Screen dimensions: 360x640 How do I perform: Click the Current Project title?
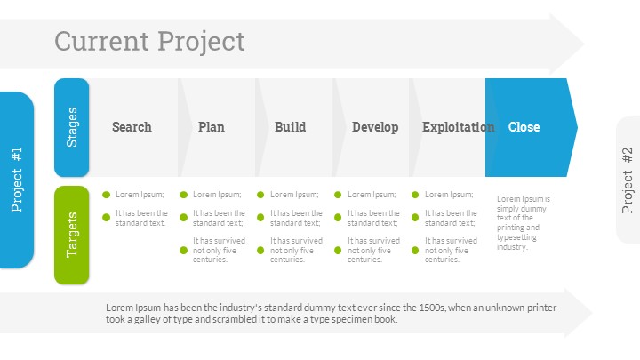pyautogui.click(x=149, y=41)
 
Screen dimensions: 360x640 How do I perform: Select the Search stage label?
pyautogui.click(x=132, y=127)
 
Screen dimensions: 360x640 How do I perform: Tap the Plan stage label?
pyautogui.click(x=212, y=127)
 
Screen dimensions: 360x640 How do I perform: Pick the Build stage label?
pyautogui.click(x=290, y=127)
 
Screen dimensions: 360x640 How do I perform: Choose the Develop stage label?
pyautogui.click(x=375, y=127)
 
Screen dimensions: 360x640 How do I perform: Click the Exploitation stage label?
pyautogui.click(x=458, y=127)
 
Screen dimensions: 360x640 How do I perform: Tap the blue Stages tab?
pyautogui.click(x=72, y=127)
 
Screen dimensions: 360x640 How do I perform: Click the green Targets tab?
pyautogui.click(x=72, y=235)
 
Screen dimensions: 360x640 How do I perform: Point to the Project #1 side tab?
pyautogui.click(x=17, y=180)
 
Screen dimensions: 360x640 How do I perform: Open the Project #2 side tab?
pyautogui.click(x=628, y=180)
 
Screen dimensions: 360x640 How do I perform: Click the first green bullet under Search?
pyautogui.click(x=107, y=194)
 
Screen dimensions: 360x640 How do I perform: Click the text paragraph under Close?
pyautogui.click(x=524, y=223)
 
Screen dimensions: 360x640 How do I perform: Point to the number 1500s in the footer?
pyautogui.click(x=428, y=308)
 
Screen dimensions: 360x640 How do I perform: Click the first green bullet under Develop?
pyautogui.click(x=339, y=194)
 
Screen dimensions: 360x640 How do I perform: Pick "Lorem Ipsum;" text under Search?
pyautogui.click(x=140, y=195)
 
